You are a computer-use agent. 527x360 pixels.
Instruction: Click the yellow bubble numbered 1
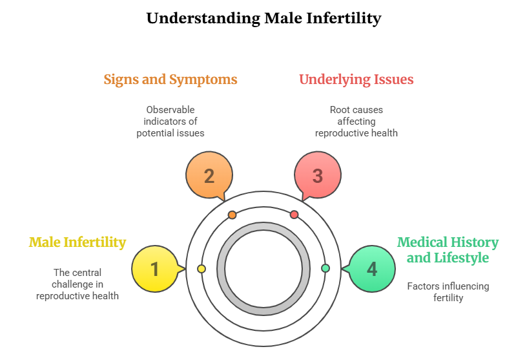[155, 269]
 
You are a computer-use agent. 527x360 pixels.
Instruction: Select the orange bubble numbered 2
[209, 176]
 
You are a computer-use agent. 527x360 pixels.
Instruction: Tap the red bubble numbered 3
[317, 176]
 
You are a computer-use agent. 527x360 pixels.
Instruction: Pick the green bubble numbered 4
[371, 269]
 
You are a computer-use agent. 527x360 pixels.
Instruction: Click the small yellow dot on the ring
[201, 268]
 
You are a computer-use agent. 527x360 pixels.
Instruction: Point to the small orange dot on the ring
[232, 215]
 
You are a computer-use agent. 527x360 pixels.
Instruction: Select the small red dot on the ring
[294, 215]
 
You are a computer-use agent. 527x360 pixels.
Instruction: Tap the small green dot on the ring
[325, 268]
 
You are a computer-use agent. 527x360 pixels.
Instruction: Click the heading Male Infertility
[77, 242]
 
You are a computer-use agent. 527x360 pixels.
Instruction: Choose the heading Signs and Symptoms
[170, 79]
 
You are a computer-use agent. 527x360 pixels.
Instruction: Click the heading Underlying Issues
[356, 79]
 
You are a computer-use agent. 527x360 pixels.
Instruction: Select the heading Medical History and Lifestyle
[448, 250]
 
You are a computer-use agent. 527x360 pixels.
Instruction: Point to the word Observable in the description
[170, 110]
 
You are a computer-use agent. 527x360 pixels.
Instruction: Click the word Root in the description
[340, 110]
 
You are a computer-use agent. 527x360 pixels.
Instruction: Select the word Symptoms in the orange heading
[203, 79]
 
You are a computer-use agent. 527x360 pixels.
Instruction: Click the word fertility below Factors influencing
[448, 298]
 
